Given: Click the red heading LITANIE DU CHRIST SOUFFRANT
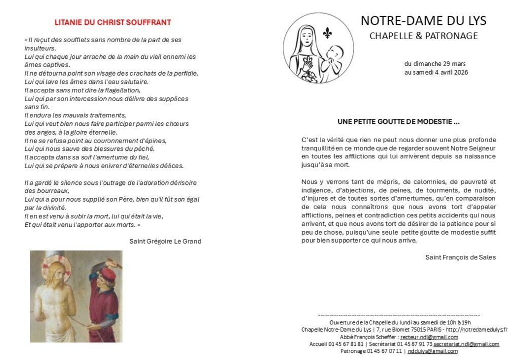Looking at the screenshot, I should [113, 22].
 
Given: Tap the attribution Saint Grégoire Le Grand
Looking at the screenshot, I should [166, 241].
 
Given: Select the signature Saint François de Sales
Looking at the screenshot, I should [461, 257].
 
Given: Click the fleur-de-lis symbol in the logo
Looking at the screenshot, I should [327, 34].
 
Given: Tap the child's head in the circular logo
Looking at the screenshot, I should [334, 52].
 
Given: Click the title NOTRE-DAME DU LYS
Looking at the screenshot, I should [424, 21].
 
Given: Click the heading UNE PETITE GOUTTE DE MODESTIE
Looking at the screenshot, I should [399, 122].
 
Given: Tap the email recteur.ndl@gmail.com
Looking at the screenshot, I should [429, 337].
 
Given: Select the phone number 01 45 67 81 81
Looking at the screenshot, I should [346, 344].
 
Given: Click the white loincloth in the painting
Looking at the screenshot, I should [56, 330].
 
